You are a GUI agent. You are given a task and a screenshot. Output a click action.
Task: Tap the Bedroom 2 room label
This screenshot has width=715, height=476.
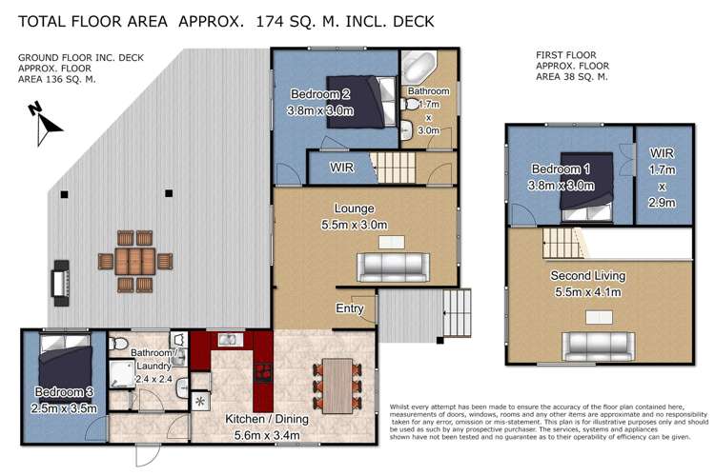coord(320,94)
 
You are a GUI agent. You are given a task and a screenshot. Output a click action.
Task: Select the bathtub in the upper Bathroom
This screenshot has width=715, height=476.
coord(419,66)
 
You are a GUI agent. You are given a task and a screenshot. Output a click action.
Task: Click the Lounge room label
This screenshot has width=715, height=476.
coord(355,208)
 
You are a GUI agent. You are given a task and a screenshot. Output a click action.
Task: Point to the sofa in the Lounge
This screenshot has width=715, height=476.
coord(393,267)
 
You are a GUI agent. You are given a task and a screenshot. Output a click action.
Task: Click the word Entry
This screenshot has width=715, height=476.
coord(350,308)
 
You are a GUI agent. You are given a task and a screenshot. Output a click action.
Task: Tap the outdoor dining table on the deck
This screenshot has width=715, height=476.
coord(135,262)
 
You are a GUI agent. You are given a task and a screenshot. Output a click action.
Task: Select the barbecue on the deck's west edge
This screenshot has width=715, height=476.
coord(61,283)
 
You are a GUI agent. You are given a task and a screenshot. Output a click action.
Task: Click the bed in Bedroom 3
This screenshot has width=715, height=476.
coord(66,368)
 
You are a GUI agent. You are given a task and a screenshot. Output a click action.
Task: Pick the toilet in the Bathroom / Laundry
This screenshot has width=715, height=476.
coord(117,343)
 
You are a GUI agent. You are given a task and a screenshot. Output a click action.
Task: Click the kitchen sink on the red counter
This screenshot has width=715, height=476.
coord(231,339)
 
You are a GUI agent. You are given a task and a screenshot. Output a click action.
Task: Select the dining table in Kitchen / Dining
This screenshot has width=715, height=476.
coord(337,386)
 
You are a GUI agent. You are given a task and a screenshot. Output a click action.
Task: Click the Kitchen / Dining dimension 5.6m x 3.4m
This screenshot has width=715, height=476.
coord(267,435)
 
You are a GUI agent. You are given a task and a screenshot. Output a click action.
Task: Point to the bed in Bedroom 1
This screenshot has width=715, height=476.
coord(586,187)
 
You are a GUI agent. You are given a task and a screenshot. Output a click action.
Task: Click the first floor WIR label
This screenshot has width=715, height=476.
coord(662,153)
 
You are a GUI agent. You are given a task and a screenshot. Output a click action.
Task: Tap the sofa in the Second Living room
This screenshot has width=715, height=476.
coord(599,347)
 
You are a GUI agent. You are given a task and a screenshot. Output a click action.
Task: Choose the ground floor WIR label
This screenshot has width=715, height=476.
coord(342,168)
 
